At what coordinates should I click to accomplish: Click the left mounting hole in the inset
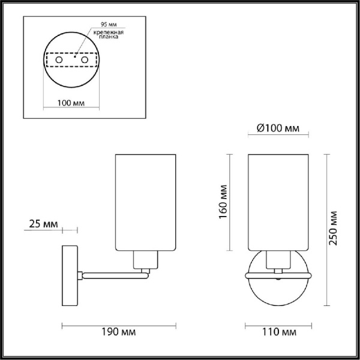(58, 61)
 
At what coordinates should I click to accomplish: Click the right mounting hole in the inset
(84, 61)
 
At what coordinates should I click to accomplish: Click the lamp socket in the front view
(277, 260)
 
